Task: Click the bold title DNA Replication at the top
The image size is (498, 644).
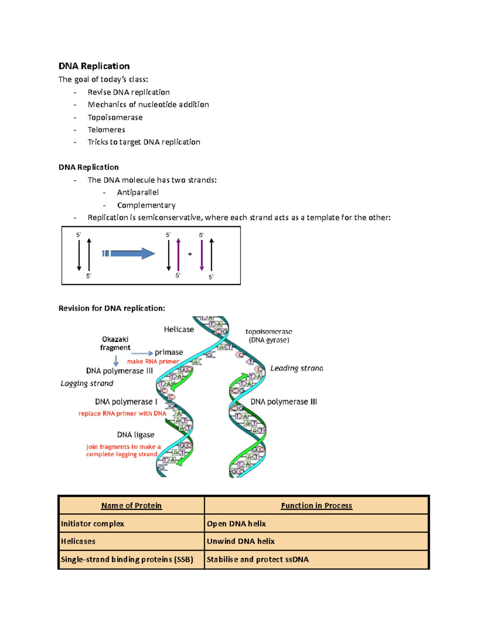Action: point(94,66)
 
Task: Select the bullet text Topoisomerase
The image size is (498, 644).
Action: point(115,117)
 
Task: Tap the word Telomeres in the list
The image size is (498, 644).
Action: point(106,130)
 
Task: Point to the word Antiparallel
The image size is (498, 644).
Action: point(138,192)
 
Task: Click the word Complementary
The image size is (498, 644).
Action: point(146,205)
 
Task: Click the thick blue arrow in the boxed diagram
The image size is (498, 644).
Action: point(129,253)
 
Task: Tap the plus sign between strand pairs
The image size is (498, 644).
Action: point(190,254)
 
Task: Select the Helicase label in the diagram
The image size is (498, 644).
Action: point(179,329)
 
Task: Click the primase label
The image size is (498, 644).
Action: point(168,352)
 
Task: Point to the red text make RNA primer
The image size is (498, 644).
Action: point(153,362)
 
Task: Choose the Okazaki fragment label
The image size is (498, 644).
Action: point(115,343)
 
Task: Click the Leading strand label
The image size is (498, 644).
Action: point(296,368)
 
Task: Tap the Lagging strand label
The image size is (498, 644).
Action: point(87,383)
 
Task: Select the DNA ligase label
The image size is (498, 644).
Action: point(135,435)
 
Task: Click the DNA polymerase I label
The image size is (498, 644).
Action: point(126,401)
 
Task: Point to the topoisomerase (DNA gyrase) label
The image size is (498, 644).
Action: point(269,336)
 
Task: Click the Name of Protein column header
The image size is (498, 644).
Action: point(131,505)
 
